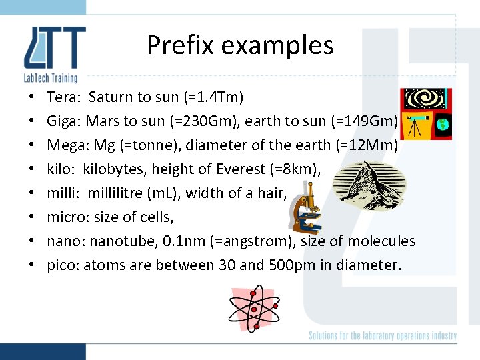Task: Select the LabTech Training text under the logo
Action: [51, 78]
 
